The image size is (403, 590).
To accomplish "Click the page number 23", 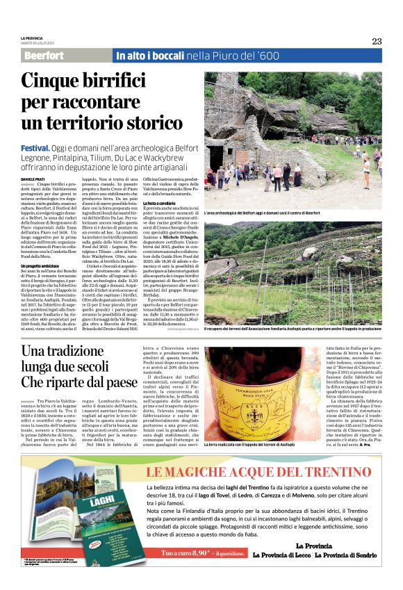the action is (377, 41).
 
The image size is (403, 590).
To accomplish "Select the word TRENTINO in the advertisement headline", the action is (331, 475).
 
